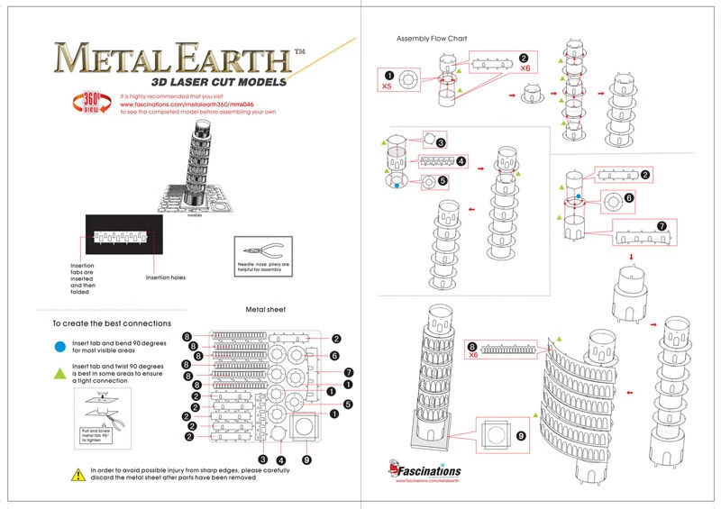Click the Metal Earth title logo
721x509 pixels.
[x=171, y=60]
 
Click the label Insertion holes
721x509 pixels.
[x=168, y=277]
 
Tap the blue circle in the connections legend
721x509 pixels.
[x=59, y=345]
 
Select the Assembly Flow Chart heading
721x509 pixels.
[x=431, y=38]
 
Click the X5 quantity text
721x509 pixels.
[x=387, y=87]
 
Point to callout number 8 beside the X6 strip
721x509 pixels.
[x=471, y=347]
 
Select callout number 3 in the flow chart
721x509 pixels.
[x=442, y=142]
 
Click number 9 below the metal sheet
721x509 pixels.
[x=307, y=459]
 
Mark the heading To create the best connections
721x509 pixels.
[x=111, y=323]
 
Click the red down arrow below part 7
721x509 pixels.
[x=632, y=258]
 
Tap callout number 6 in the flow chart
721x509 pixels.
[x=630, y=197]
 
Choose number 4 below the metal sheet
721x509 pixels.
[x=280, y=459]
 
